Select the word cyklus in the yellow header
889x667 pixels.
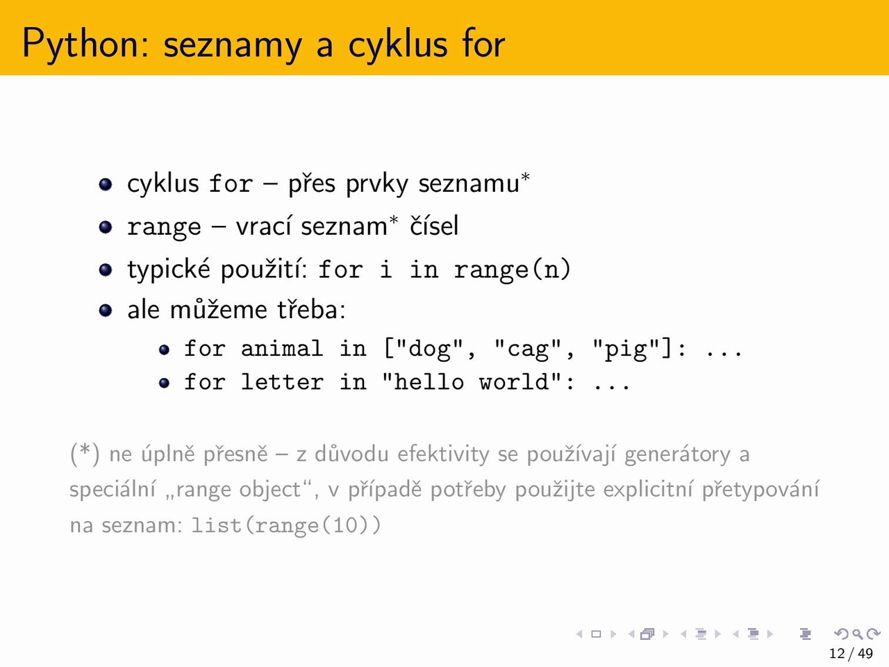(398, 44)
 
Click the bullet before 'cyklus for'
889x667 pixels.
(106, 185)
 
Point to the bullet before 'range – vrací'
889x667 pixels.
(106, 227)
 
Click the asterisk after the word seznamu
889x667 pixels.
(525, 177)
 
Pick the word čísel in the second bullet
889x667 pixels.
(434, 225)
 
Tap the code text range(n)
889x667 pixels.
(512, 270)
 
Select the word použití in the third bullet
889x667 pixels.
(264, 269)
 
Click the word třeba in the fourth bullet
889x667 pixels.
(311, 310)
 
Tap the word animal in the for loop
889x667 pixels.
(282, 348)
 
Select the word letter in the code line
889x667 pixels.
(282, 381)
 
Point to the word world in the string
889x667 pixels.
(514, 381)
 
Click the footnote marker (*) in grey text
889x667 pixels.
(85, 454)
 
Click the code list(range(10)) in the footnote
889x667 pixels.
(286, 526)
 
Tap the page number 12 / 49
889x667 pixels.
(851, 653)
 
